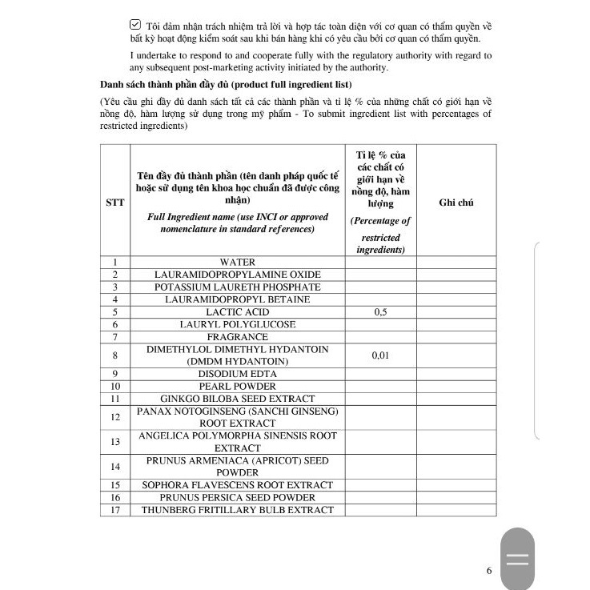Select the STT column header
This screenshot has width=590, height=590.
(x=115, y=202)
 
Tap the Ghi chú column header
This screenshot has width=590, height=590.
(x=456, y=202)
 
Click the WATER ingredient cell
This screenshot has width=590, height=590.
(x=237, y=262)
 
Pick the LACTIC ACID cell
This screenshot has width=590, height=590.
(x=237, y=311)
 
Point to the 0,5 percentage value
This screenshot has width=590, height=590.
(x=380, y=312)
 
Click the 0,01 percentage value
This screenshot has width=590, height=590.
(x=380, y=355)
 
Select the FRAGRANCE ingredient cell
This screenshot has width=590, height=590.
(x=237, y=336)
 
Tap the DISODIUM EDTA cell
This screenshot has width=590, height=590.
(x=237, y=373)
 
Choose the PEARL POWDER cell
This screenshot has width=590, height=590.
(x=237, y=386)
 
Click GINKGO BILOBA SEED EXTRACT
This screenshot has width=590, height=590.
(x=237, y=398)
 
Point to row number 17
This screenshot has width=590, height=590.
(x=115, y=510)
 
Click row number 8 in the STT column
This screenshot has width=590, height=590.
(x=115, y=355)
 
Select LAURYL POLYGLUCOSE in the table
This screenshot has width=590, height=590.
(x=237, y=324)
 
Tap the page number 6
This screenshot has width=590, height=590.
(x=488, y=571)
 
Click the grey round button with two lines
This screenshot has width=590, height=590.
(x=517, y=559)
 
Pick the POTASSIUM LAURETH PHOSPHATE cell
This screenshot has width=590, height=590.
(x=237, y=287)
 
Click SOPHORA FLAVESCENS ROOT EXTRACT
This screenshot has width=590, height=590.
(x=237, y=485)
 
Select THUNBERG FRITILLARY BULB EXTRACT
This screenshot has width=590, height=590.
(x=237, y=510)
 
